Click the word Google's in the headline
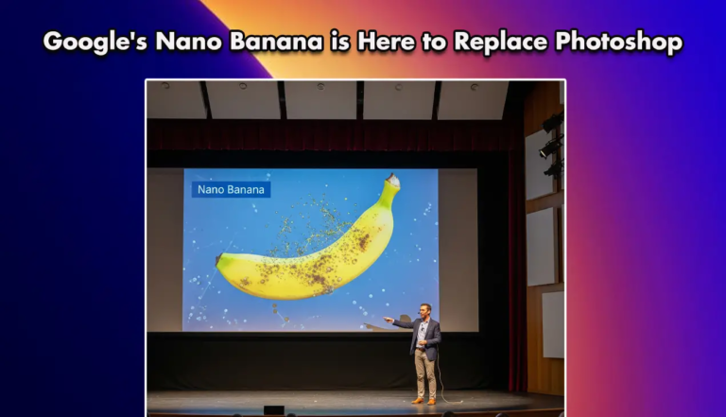[94, 43]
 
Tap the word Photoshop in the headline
[618, 43]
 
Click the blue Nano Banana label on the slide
[231, 189]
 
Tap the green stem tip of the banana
[390, 182]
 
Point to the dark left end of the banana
[220, 258]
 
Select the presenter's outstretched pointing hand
[387, 320]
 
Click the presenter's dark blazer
[427, 337]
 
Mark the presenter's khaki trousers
[425, 374]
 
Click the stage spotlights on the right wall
[552, 142]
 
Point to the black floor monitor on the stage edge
[274, 408]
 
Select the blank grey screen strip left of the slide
[164, 251]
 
